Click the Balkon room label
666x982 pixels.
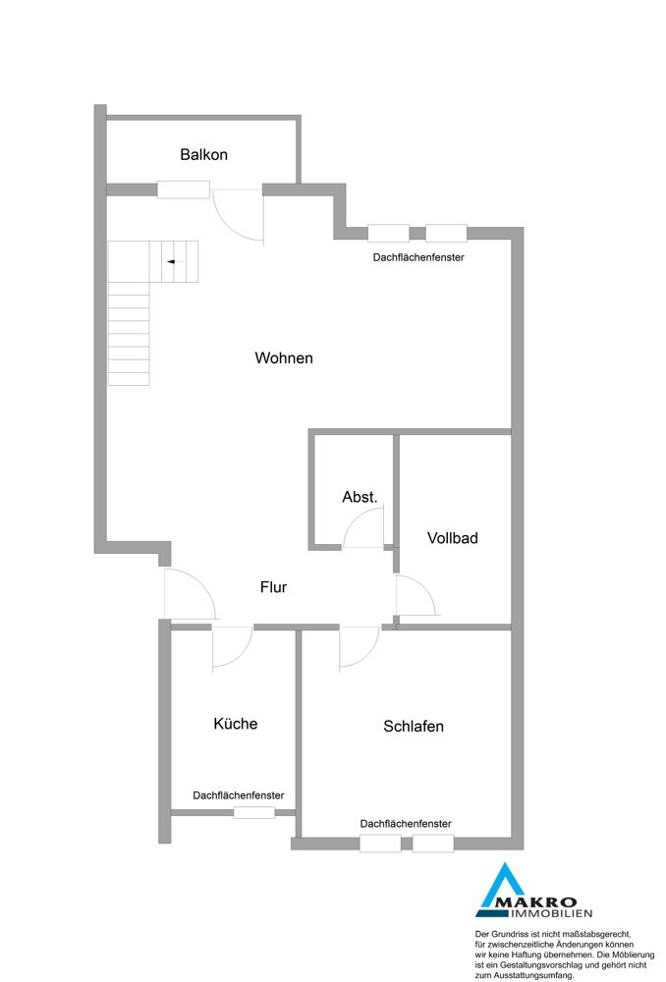pyautogui.click(x=203, y=155)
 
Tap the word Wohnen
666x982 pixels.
pyautogui.click(x=284, y=358)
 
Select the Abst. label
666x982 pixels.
pyautogui.click(x=360, y=497)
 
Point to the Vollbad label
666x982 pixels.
pyautogui.click(x=453, y=538)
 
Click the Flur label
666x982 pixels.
pyautogui.click(x=273, y=587)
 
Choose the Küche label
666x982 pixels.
pyautogui.click(x=236, y=724)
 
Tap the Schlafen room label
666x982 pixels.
pyautogui.click(x=414, y=727)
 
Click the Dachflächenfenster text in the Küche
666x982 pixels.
pyautogui.click(x=238, y=795)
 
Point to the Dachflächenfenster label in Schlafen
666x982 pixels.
pyautogui.click(x=406, y=824)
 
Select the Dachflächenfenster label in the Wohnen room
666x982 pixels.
pyautogui.click(x=418, y=257)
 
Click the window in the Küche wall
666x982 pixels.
pyautogui.click(x=254, y=813)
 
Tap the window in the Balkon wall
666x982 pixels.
pyautogui.click(x=183, y=190)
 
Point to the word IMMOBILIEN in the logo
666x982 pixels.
pyautogui.click(x=553, y=913)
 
